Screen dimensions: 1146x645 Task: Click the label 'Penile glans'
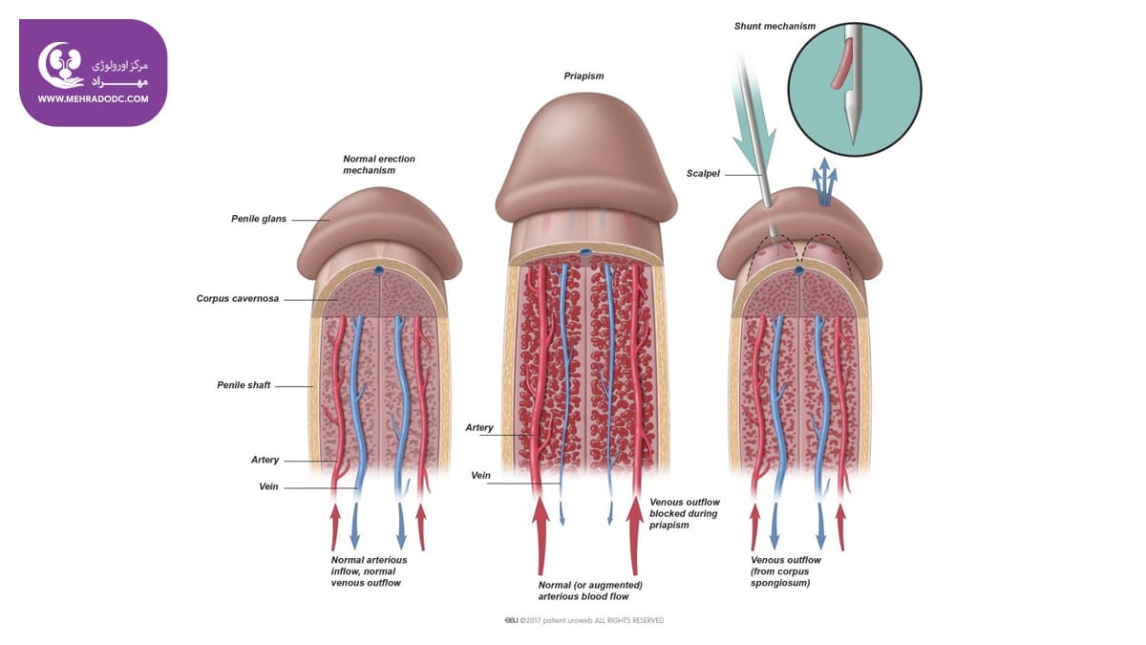[259, 219]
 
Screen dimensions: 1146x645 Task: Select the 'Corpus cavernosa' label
[238, 298]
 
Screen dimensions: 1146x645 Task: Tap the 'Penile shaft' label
[244, 385]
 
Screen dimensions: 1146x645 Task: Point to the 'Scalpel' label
[703, 174]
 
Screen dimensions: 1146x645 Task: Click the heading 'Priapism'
[584, 76]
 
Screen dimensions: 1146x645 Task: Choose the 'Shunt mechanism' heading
[775, 26]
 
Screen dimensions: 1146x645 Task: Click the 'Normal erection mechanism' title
[378, 164]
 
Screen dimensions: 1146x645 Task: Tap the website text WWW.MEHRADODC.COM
[94, 99]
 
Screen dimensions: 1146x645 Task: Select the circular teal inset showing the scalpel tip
[855, 90]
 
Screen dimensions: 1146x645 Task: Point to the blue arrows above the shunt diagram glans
[824, 183]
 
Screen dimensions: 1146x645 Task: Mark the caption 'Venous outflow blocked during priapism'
[685, 513]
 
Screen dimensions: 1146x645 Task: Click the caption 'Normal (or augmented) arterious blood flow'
[590, 591]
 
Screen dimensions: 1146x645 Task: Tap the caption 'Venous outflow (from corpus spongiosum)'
[785, 571]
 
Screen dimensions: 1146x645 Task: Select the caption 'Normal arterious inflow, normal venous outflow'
[369, 571]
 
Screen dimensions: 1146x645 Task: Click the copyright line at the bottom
[584, 620]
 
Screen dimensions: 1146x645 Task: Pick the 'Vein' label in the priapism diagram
[480, 476]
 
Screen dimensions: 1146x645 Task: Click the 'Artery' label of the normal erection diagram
[265, 460]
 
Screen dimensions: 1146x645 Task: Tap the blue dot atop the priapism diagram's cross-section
[585, 252]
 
